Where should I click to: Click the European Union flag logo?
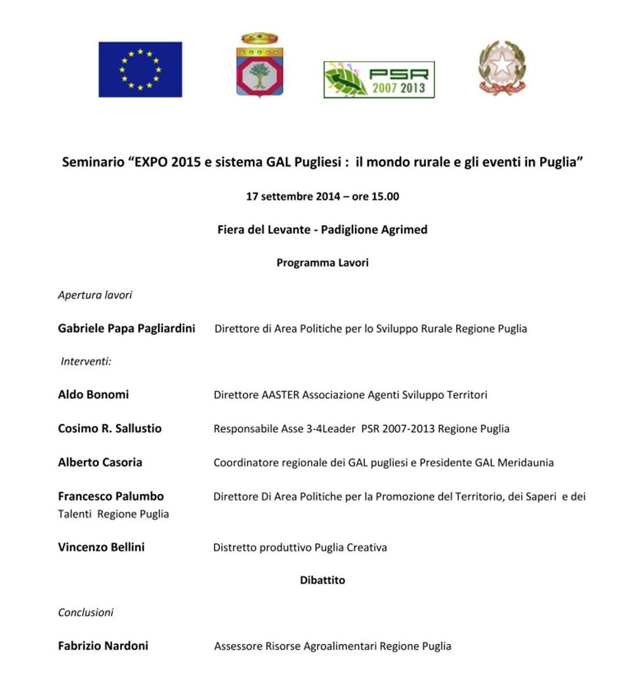(140, 69)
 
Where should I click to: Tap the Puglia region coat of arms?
(259, 66)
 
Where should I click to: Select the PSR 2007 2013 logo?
(379, 79)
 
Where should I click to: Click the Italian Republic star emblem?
(503, 68)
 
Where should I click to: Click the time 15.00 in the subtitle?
(385, 196)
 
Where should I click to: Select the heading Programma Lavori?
(322, 263)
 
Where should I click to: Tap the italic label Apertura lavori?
(95, 295)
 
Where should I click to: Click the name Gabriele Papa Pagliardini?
(126, 329)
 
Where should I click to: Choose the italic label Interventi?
(86, 362)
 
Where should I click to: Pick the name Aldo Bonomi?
(93, 394)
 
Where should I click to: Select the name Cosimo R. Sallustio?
(110, 429)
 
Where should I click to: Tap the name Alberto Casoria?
(100, 462)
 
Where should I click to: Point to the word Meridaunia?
(525, 463)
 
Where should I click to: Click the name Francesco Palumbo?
(111, 496)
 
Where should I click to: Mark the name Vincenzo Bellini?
(101, 547)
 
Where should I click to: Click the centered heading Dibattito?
(322, 580)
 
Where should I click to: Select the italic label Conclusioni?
(85, 612)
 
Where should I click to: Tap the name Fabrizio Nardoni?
(103, 646)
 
